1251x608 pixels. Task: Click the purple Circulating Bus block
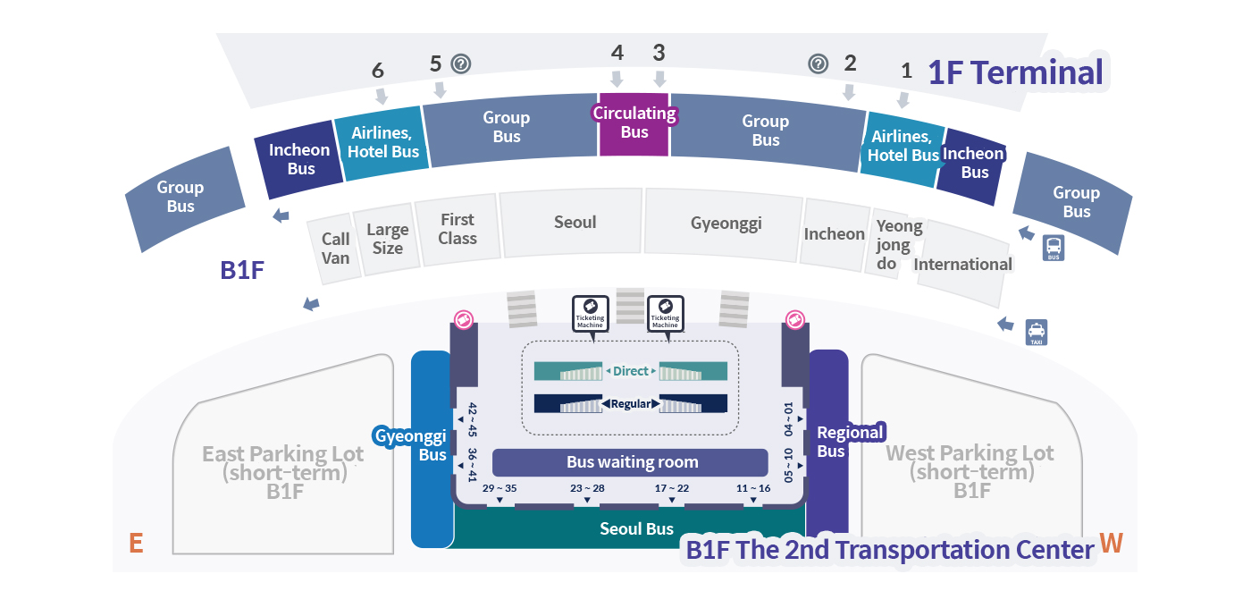[634, 123]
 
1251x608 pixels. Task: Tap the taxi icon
[1037, 332]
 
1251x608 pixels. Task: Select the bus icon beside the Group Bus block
[1054, 248]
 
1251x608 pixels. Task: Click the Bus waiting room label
[632, 462]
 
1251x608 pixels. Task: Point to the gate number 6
[378, 71]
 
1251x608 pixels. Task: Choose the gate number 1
[906, 71]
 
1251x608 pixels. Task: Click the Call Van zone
[335, 248]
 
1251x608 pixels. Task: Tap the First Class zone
[458, 229]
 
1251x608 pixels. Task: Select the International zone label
[962, 264]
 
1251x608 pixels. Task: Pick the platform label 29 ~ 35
[500, 488]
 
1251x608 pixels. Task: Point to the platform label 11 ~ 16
[753, 488]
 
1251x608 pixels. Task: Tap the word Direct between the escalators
[631, 371]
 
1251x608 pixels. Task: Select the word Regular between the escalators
[631, 404]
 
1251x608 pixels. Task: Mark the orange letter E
[136, 543]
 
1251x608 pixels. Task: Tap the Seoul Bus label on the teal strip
[636, 528]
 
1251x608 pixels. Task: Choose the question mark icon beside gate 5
[461, 63]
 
